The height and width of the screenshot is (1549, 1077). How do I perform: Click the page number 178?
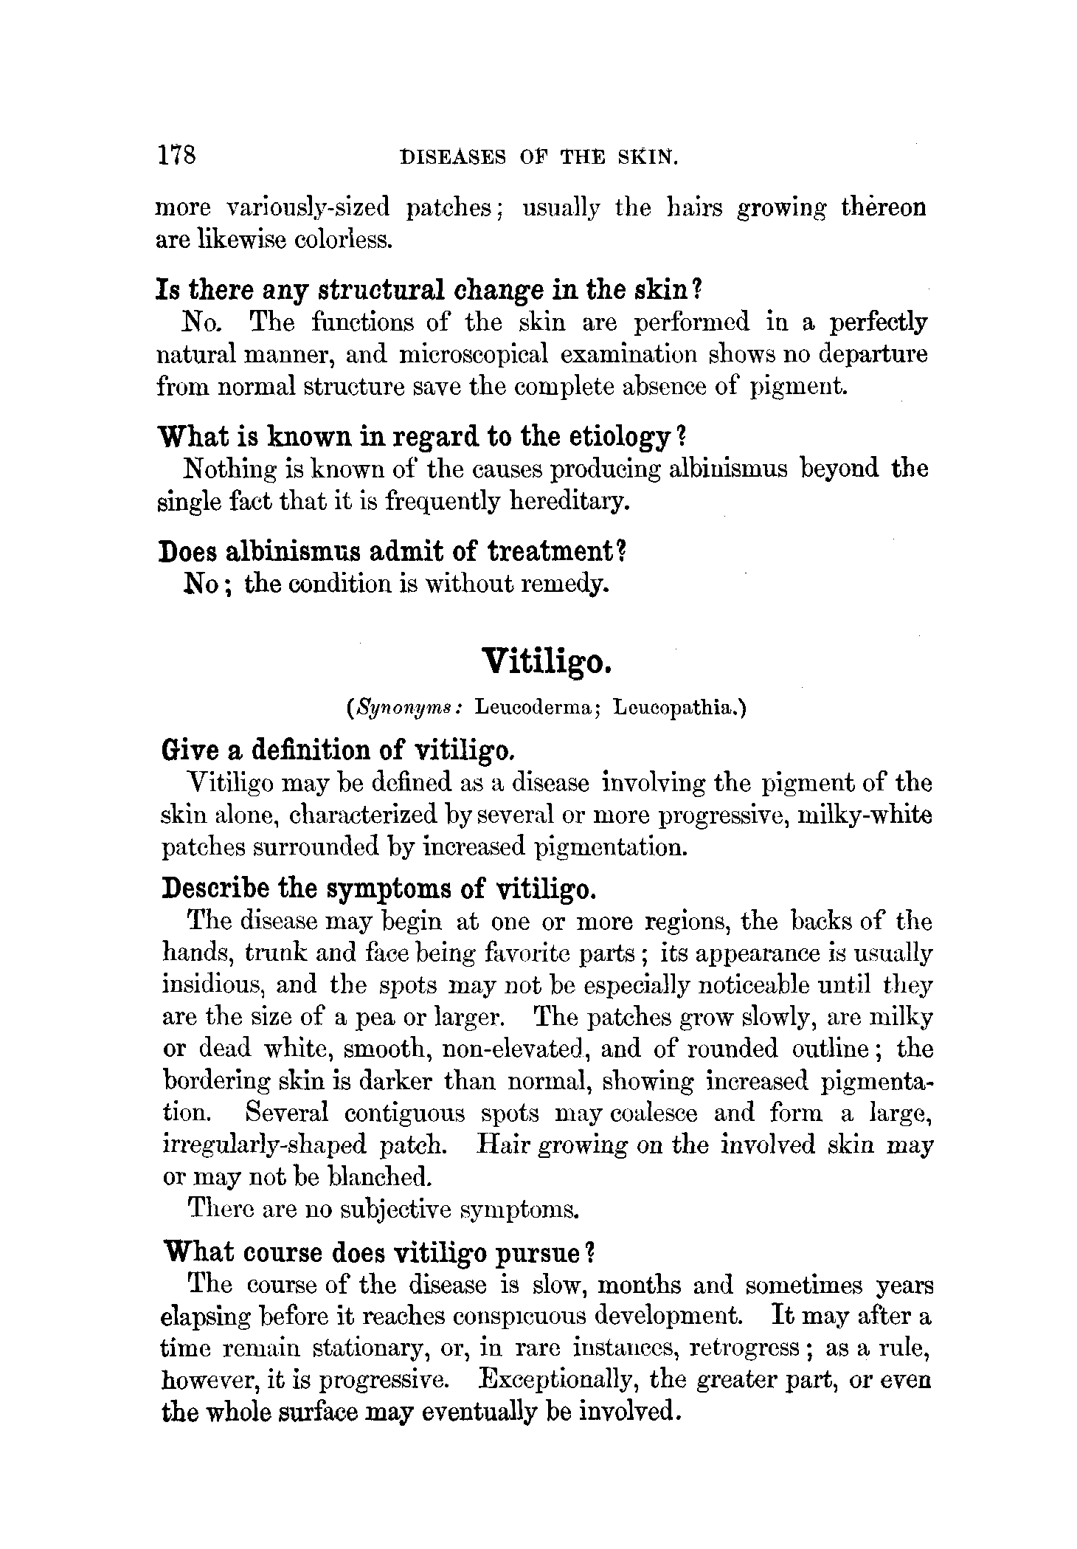pyautogui.click(x=176, y=155)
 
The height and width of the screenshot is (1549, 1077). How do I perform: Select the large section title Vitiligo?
pyautogui.click(x=547, y=660)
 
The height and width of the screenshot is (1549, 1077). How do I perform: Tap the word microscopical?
pyautogui.click(x=474, y=355)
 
